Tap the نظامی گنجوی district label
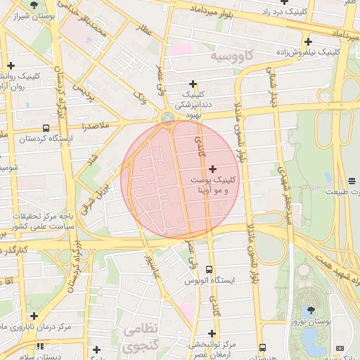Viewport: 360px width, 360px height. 141,338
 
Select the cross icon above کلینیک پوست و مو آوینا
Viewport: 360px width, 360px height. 213,169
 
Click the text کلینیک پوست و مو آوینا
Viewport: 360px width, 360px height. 213,185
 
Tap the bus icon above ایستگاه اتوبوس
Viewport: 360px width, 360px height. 209,269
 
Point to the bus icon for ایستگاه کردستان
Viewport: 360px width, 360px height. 46,128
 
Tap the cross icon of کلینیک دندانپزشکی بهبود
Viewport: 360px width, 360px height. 193,84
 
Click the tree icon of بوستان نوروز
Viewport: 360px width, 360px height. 309,309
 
